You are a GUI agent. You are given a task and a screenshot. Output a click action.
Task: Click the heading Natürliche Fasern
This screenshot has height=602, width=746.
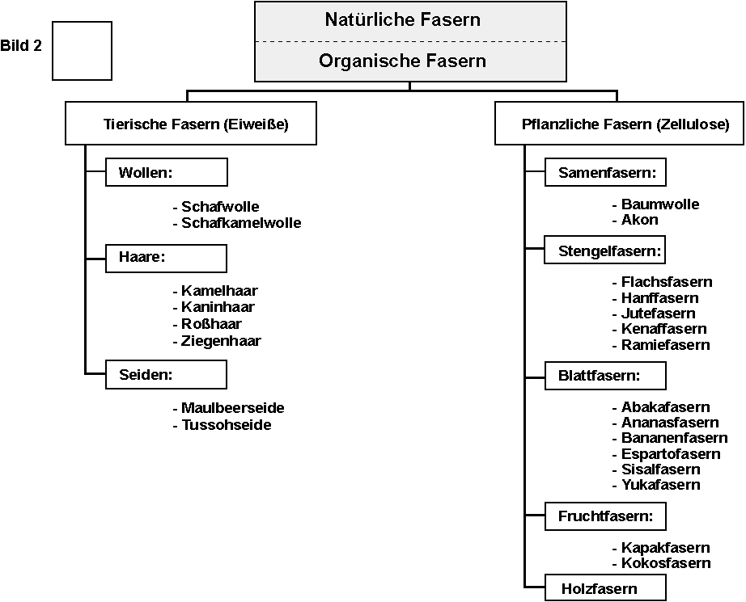[x=402, y=19]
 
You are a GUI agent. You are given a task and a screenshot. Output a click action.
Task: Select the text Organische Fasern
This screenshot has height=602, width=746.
[x=402, y=61]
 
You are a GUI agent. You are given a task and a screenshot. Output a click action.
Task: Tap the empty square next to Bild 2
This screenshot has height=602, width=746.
[x=82, y=50]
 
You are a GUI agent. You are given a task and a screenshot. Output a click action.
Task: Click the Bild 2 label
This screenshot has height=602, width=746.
[x=21, y=46]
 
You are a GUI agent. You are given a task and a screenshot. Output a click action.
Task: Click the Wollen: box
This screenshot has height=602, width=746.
[x=167, y=172]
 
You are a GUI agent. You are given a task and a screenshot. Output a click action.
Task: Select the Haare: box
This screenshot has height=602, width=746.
[x=167, y=259]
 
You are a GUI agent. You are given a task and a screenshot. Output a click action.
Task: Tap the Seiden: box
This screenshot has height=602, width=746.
[x=167, y=375]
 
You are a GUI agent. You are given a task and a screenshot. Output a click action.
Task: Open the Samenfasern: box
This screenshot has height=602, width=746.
[x=606, y=172]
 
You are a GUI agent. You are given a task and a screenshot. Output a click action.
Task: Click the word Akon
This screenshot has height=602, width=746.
[x=639, y=220]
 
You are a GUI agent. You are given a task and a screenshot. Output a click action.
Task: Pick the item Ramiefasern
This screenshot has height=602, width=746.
[x=665, y=345]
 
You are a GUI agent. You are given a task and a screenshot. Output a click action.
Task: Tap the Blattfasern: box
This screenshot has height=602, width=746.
[x=605, y=376]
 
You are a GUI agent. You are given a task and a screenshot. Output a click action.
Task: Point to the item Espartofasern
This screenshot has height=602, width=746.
[x=670, y=454]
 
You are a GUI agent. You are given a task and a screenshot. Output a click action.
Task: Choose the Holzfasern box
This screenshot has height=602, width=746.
[x=605, y=589]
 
